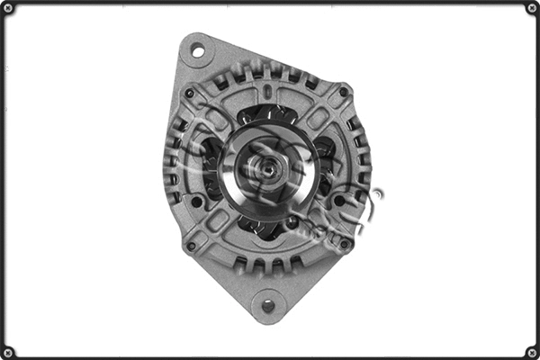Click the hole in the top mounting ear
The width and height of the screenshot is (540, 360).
(x=197, y=51)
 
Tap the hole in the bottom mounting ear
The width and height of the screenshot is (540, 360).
(x=267, y=306)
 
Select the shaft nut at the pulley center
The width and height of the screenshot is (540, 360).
(x=268, y=166)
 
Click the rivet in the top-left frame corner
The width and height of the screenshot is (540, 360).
(x=7, y=8)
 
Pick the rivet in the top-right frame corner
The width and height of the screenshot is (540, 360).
(x=532, y=8)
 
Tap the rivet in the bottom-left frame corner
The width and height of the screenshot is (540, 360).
(x=7, y=352)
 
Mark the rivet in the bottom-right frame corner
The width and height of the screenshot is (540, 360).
(x=532, y=352)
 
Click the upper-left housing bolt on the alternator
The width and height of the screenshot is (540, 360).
(x=190, y=92)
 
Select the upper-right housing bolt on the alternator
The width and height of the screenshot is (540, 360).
(x=344, y=91)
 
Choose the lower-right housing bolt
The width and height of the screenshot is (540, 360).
(x=344, y=243)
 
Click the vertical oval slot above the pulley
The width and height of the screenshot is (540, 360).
(x=267, y=93)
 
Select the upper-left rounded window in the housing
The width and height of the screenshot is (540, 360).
(x=220, y=117)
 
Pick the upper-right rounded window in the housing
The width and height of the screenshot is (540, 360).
(x=317, y=118)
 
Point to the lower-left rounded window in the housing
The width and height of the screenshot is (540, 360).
(x=218, y=219)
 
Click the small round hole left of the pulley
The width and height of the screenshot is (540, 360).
(x=196, y=202)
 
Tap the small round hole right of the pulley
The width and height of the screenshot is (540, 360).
(x=340, y=202)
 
